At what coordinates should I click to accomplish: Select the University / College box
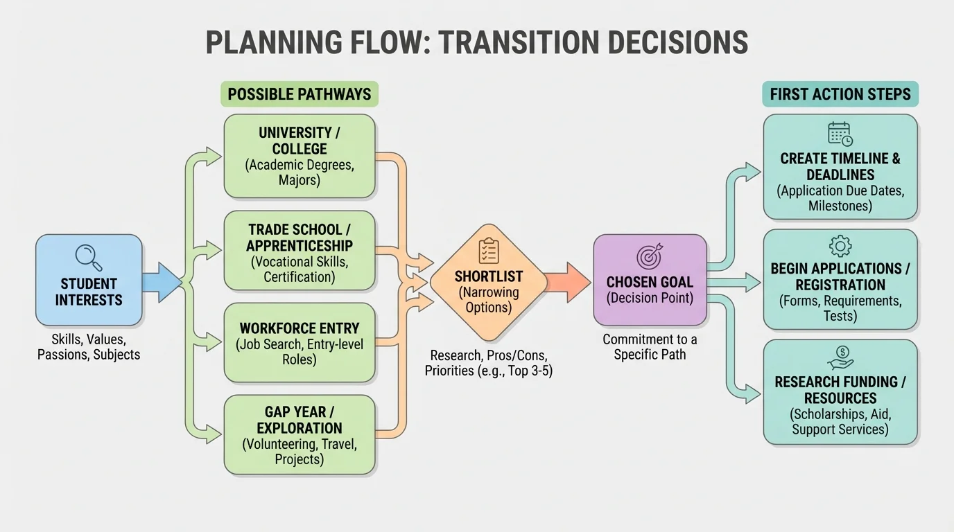300,157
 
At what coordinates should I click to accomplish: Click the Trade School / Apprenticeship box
300,251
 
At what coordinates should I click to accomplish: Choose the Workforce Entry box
300,343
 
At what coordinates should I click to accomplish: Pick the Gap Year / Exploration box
300,435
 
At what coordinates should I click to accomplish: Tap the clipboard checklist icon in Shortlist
489,251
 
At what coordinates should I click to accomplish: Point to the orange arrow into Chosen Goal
567,282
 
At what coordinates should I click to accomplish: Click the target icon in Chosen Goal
650,257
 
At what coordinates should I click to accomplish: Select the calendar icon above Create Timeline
840,134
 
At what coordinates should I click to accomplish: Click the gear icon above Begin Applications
840,246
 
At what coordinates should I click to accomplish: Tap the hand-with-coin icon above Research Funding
840,357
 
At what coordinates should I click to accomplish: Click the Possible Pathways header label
300,94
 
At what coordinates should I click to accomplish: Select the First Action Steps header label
840,94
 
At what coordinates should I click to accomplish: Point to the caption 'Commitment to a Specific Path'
650,347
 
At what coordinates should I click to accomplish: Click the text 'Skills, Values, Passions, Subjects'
89,347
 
